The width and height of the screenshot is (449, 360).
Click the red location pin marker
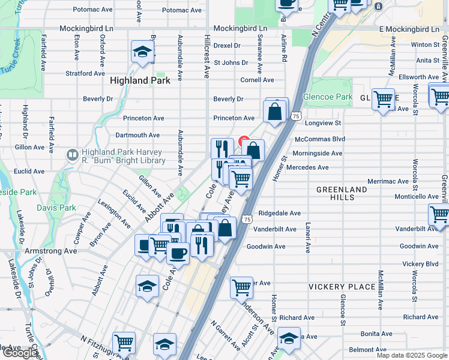tap(244, 142)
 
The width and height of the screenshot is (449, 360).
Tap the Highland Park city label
tap(140, 80)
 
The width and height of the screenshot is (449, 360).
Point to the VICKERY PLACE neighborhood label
tap(342, 287)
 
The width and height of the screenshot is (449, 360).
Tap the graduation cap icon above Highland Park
tap(142, 53)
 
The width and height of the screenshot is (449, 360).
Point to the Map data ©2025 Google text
tap(412, 355)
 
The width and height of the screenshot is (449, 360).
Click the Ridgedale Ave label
tap(279, 213)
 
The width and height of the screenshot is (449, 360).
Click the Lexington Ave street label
tap(114, 214)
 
